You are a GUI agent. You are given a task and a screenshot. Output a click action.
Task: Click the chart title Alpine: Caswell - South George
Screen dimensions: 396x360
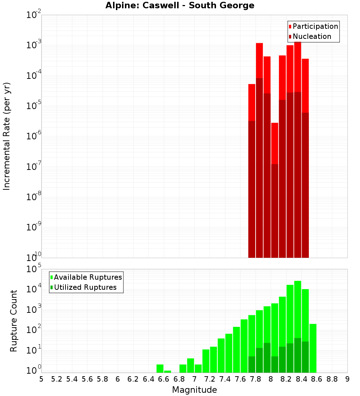tap(180, 5)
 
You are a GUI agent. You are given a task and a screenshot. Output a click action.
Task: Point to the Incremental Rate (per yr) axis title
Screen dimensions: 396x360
tap(7, 136)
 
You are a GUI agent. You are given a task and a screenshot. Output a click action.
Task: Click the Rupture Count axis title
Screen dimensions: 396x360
tap(14, 321)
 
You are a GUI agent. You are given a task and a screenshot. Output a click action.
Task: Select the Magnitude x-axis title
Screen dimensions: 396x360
tap(194, 390)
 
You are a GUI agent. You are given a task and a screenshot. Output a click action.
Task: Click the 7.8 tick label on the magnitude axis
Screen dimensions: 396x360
tap(256, 379)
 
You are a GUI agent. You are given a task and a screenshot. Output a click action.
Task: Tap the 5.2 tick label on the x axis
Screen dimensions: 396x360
tap(57, 379)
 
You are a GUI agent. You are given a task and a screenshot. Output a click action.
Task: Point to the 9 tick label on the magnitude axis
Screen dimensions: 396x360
tap(347, 379)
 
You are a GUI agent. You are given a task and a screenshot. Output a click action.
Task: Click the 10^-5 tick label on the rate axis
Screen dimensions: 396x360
tap(34, 105)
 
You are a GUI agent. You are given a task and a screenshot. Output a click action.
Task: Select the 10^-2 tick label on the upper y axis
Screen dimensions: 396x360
tap(34, 15)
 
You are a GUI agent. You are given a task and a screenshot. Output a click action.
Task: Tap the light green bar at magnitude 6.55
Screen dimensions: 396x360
tap(160, 369)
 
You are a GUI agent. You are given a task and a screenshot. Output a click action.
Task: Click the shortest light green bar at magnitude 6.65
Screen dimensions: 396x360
tap(167, 372)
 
